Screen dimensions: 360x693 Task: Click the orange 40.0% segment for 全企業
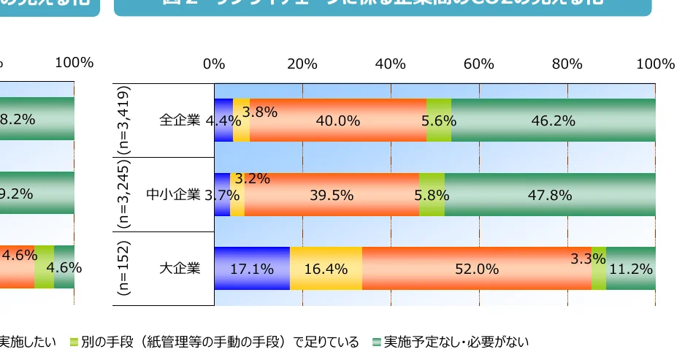click(x=338, y=120)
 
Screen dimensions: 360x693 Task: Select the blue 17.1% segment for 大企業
click(x=252, y=269)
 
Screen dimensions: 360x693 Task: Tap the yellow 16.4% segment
click(x=326, y=269)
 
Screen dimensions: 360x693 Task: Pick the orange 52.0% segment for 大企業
click(x=476, y=269)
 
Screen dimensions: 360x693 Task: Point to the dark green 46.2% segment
click(x=553, y=120)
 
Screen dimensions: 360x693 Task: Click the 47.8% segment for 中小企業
click(x=549, y=195)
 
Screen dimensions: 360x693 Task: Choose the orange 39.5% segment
click(x=332, y=195)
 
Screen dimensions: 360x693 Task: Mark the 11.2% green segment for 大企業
click(x=630, y=269)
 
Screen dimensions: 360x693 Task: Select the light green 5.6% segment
click(x=439, y=120)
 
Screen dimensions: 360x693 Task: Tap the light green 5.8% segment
click(x=432, y=195)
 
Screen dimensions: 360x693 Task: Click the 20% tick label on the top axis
click(x=302, y=64)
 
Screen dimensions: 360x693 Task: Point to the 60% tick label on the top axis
click(x=479, y=64)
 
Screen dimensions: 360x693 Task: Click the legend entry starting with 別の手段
click(x=219, y=342)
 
